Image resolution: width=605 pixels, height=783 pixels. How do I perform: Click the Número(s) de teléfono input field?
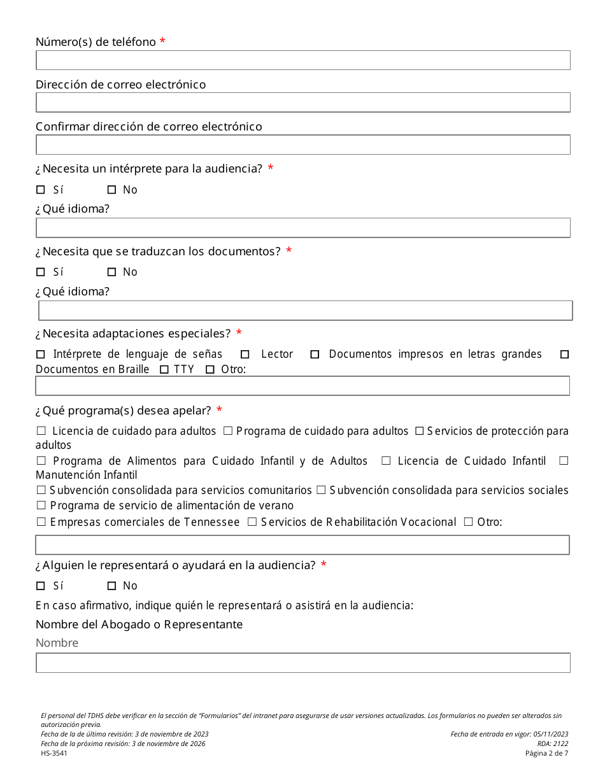(x=302, y=60)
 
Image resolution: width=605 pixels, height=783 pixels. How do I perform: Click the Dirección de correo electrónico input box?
(x=302, y=102)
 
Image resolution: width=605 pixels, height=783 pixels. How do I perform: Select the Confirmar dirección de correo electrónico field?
(x=302, y=145)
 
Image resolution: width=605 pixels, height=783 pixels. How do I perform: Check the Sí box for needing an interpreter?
(x=41, y=190)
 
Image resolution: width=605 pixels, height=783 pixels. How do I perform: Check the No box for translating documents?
(x=112, y=272)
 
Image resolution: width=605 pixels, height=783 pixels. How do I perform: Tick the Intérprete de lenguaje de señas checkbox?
(x=41, y=355)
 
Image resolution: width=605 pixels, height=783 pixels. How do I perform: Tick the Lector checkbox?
(x=245, y=355)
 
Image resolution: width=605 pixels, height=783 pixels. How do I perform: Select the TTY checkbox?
(x=164, y=370)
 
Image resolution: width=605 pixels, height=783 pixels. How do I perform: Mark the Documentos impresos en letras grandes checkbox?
(x=315, y=355)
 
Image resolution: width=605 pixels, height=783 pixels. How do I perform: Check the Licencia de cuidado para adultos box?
(x=41, y=432)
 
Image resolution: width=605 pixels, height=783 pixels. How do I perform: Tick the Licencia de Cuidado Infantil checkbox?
(x=386, y=461)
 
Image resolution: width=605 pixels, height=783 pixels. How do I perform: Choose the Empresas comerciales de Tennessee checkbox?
(x=41, y=522)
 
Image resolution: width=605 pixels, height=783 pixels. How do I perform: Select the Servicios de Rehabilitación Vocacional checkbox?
(x=252, y=522)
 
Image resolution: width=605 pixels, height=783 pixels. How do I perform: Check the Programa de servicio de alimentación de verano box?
(x=41, y=505)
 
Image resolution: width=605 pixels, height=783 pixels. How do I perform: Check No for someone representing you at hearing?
(x=112, y=586)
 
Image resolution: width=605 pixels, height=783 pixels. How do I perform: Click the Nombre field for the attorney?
(x=302, y=663)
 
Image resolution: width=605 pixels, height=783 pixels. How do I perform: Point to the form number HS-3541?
(x=54, y=754)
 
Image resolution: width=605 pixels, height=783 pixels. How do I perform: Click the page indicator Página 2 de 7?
(x=546, y=754)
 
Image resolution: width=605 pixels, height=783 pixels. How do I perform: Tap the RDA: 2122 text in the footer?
(x=552, y=744)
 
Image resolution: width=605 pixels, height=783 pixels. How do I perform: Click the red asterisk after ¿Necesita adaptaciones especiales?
(x=239, y=333)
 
